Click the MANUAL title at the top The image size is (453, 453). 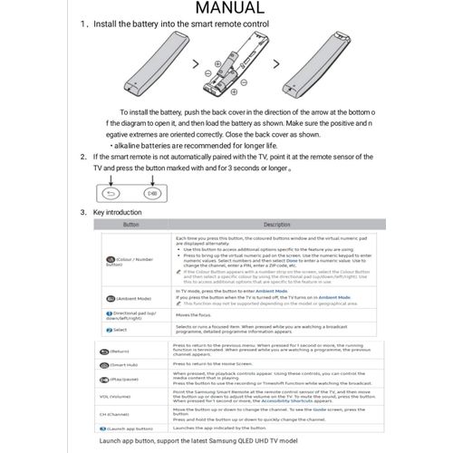tap(226, 11)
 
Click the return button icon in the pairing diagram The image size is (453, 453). tap(111, 193)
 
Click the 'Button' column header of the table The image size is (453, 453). tap(131, 224)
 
